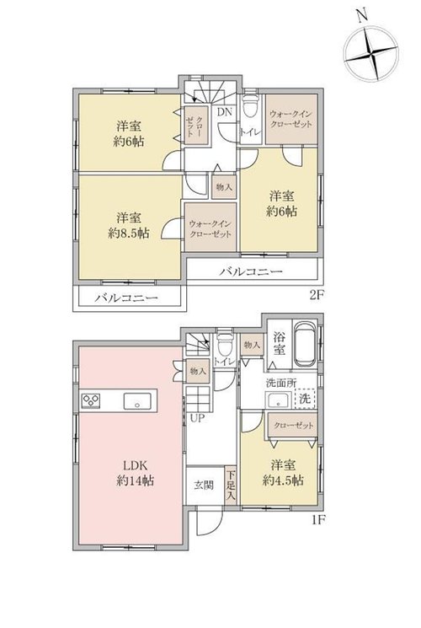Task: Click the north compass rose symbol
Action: click(x=372, y=53)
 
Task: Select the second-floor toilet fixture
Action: click(x=251, y=105)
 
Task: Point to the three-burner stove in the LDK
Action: click(x=91, y=401)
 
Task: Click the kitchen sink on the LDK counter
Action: click(x=137, y=401)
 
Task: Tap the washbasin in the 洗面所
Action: click(x=280, y=400)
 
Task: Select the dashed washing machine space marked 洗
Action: click(x=305, y=399)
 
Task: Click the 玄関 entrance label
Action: click(x=204, y=486)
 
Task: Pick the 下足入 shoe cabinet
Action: click(x=231, y=485)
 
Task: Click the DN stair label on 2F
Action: click(x=225, y=112)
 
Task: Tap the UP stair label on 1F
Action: click(x=197, y=419)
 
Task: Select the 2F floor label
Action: click(x=315, y=296)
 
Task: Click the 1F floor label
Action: click(x=318, y=520)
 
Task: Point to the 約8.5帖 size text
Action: click(x=129, y=233)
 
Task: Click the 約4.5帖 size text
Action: click(x=283, y=480)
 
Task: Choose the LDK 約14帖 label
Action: click(x=136, y=473)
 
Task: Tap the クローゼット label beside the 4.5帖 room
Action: click(x=294, y=426)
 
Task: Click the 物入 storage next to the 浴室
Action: click(x=252, y=345)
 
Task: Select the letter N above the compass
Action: click(x=363, y=15)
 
